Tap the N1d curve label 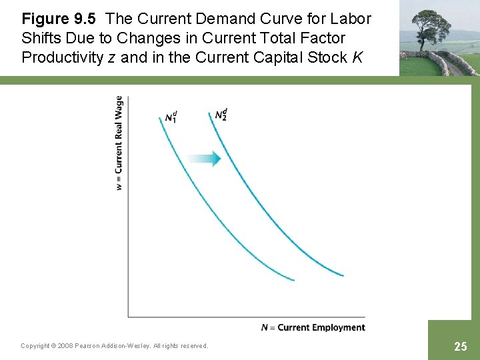pos(171,117)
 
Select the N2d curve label pos(221,114)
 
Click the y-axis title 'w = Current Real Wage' pos(119,143)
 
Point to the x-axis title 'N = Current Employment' pos(313,327)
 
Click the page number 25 pos(460,346)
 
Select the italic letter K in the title pos(357,57)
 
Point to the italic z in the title pos(111,58)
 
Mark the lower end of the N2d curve pos(342,275)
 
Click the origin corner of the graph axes pos(128,317)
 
